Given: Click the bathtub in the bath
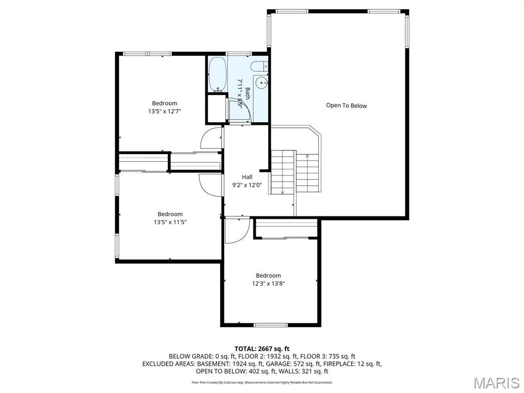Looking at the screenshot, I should (x=217, y=75).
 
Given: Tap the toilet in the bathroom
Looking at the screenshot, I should (x=258, y=66).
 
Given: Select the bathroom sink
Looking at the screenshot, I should (x=262, y=82).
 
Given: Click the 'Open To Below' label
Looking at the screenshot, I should (x=346, y=105).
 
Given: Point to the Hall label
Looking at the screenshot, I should (x=247, y=177).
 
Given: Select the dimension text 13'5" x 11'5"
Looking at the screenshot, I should (x=170, y=222).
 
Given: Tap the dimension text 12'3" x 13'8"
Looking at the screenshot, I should (x=268, y=283).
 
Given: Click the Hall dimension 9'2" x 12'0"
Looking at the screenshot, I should (x=247, y=185).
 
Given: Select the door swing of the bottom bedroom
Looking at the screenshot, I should (x=235, y=230).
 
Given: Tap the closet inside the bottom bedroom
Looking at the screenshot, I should (x=287, y=229).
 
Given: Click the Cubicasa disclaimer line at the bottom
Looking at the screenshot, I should (x=262, y=382).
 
